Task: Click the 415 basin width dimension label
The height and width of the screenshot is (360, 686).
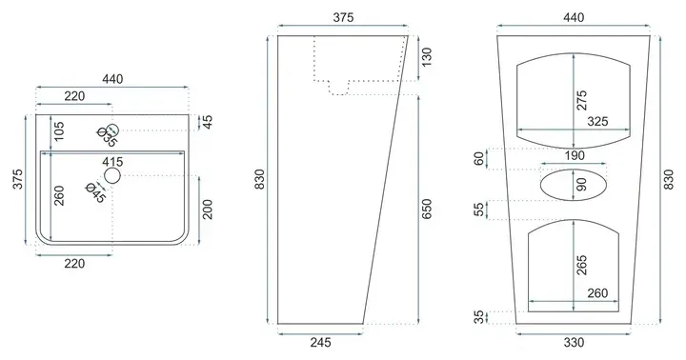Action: point(112,162)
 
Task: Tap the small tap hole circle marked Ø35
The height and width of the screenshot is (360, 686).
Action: point(112,130)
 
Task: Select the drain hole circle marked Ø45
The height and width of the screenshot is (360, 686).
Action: point(112,175)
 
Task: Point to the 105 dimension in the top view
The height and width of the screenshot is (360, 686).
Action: point(59,130)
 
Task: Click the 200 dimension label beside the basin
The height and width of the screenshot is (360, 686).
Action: point(208,210)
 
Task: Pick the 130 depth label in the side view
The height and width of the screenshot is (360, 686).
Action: point(426,57)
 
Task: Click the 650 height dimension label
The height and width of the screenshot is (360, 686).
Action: point(426,209)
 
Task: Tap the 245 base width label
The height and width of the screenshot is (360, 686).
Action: point(321,342)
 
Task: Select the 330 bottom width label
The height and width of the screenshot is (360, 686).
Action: point(574,342)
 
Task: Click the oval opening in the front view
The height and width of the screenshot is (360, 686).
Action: point(574,169)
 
